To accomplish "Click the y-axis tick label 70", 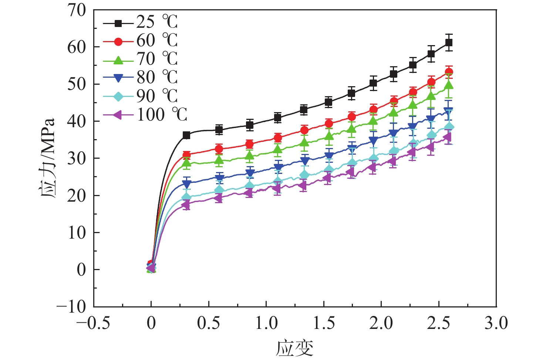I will click(77, 10).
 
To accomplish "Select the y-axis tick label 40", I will click(77, 121).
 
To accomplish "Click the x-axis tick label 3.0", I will click(496, 323).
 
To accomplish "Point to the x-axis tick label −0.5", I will click(93, 323).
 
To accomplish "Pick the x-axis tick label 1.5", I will click(324, 323).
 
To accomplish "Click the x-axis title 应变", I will click(294, 348).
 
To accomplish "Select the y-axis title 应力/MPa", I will click(47, 158).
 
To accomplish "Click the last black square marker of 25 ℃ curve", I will click(449, 43).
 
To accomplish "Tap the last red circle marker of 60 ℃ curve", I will click(449, 72).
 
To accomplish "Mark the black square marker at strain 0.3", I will click(186, 135).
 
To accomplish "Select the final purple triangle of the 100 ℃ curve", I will click(447, 137).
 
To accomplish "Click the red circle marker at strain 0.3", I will click(186, 155).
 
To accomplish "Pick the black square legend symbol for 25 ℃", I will click(118, 23).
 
